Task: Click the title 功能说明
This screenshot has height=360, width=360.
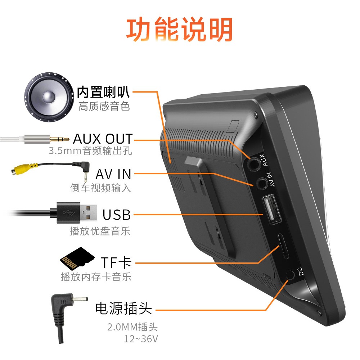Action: coord(179,30)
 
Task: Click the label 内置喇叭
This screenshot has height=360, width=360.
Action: coord(103,93)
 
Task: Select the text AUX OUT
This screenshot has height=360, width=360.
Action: coord(103,139)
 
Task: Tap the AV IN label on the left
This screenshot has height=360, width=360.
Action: coord(113,175)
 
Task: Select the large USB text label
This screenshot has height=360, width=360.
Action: coord(117,215)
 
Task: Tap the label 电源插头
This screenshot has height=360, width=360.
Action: coord(123,309)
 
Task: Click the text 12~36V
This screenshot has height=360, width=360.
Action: coord(141,339)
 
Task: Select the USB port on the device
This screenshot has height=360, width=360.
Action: coord(272,210)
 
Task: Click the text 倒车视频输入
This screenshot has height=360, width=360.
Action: coord(101,188)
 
